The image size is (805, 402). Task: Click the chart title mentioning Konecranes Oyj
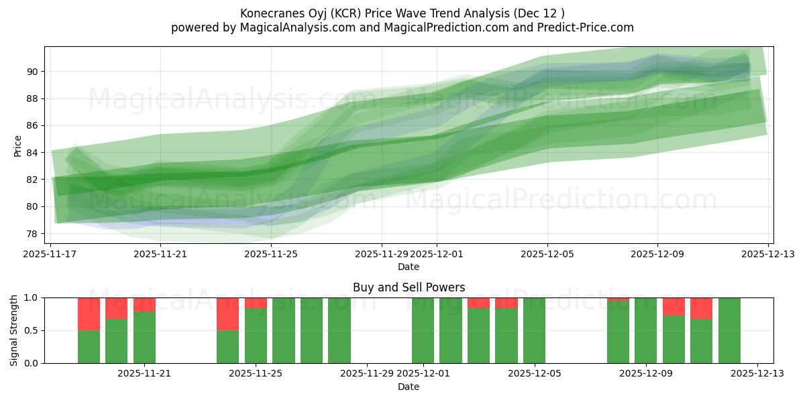coord(402,13)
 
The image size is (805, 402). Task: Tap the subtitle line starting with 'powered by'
coord(402,27)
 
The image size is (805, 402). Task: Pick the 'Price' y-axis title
coord(17,145)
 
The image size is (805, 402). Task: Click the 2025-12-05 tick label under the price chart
coord(547,254)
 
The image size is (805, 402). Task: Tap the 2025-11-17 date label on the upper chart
coord(51,254)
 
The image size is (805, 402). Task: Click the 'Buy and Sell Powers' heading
coord(409,287)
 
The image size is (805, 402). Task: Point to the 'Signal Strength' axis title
coord(15,330)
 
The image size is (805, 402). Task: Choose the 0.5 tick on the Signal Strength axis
coord(32,330)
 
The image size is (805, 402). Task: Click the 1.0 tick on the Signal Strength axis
coord(32,297)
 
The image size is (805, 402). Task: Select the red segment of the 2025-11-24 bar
coord(227,314)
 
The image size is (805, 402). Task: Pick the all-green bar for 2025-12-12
coord(729,330)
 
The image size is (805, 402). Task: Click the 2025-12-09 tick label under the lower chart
coord(645,374)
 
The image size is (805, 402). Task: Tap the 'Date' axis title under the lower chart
coord(409,387)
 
